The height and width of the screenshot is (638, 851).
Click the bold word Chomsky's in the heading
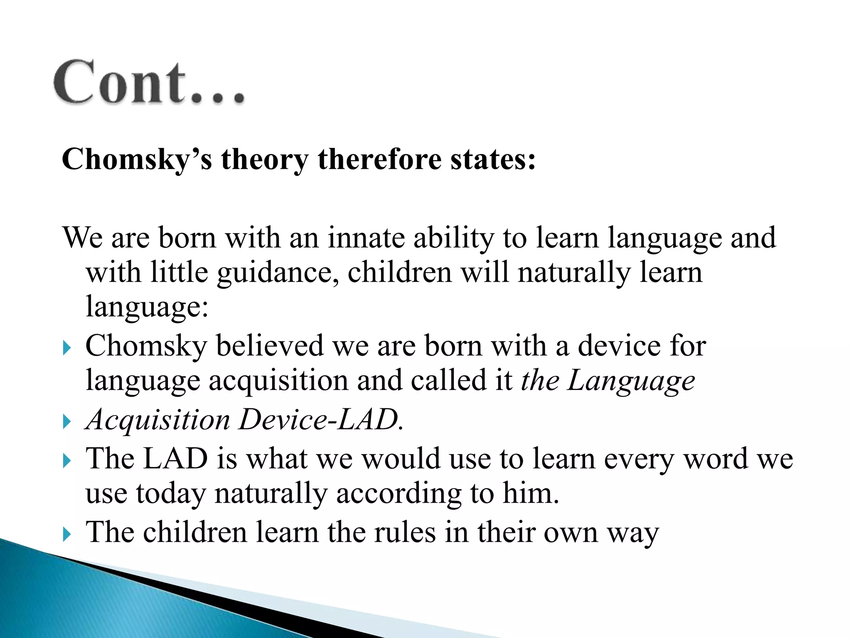click(x=137, y=159)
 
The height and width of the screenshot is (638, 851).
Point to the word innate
click(x=366, y=238)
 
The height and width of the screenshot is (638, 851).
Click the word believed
click(x=270, y=346)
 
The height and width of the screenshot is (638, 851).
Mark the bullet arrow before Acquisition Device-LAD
click(x=67, y=422)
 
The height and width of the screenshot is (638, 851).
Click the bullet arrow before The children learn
click(x=67, y=534)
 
